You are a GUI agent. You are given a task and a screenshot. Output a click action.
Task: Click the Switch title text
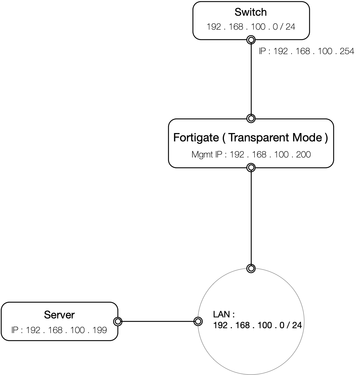(x=251, y=13)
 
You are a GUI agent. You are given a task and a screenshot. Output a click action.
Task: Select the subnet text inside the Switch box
(x=251, y=27)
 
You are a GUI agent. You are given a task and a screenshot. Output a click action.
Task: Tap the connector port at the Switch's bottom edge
(x=251, y=40)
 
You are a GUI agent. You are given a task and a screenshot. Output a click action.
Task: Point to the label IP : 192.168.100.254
(x=306, y=52)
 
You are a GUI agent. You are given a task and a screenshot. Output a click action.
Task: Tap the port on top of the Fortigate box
(x=251, y=118)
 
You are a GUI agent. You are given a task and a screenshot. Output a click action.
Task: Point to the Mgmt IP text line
(x=251, y=154)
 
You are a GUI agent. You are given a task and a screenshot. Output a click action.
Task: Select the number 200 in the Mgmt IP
(x=303, y=154)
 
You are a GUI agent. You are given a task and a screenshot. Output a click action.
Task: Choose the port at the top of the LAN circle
(x=251, y=269)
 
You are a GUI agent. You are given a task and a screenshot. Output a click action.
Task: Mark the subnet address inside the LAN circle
(x=257, y=325)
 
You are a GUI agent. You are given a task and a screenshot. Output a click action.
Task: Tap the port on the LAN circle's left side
(x=198, y=321)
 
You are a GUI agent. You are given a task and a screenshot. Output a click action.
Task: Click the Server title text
(x=59, y=315)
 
